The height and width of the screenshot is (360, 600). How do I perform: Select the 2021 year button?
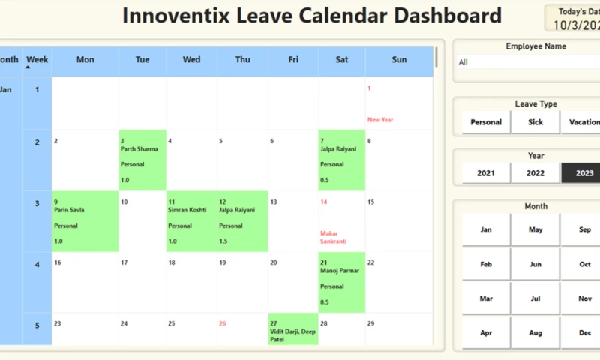coord(486,173)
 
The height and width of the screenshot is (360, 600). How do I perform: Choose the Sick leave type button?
coord(535,122)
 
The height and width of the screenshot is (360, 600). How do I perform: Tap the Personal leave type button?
coord(486,122)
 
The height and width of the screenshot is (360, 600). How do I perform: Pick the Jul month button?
coord(535,298)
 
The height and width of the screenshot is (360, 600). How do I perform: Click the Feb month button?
coord(486,264)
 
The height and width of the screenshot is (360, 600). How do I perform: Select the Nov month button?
coord(584,298)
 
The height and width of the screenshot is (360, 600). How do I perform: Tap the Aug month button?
coord(535,332)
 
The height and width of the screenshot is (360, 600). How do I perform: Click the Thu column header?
coord(242,60)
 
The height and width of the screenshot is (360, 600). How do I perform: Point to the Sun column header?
coord(399,60)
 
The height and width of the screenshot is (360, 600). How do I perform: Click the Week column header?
coord(37,60)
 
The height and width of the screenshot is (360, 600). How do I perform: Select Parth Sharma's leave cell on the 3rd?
coord(142,160)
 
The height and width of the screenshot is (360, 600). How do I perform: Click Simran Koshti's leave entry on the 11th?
coord(191,220)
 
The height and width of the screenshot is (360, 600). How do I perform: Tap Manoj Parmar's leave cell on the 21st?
coord(341,281)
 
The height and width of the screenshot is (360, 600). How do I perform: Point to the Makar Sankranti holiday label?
coord(334,237)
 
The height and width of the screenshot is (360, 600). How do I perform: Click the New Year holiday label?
coord(380,120)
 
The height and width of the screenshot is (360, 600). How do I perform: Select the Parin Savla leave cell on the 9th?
coord(85,220)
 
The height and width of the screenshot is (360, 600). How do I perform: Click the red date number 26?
coord(223,323)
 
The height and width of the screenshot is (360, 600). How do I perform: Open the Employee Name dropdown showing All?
coord(525,62)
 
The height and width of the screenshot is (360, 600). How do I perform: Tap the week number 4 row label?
coord(37,265)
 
